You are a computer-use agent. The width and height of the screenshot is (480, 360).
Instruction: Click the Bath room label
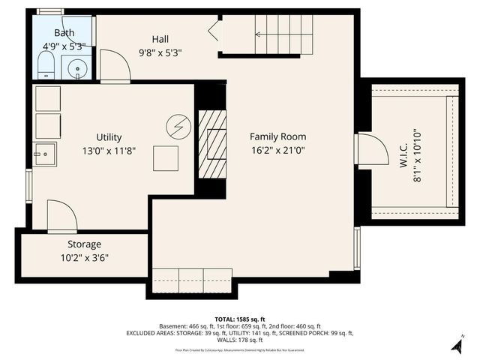(x=64, y=34)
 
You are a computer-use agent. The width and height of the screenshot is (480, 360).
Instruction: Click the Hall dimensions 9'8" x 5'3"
(x=160, y=53)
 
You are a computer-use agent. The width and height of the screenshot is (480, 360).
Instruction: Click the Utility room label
(x=109, y=137)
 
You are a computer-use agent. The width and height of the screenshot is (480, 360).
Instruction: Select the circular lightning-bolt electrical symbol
(x=178, y=124)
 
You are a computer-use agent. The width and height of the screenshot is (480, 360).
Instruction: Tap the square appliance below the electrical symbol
(x=166, y=158)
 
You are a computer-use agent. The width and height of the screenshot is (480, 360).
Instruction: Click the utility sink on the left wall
(x=44, y=154)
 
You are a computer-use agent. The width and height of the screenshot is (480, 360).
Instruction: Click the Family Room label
(x=277, y=136)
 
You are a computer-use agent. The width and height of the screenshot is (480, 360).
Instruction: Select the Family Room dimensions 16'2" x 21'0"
(x=277, y=150)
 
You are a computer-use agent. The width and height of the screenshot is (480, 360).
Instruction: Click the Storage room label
(x=84, y=244)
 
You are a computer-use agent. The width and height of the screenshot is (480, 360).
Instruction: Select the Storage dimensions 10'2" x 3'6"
(x=84, y=258)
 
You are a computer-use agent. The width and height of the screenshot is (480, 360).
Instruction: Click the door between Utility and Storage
(x=61, y=216)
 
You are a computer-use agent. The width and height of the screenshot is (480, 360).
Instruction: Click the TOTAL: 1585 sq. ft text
(x=239, y=319)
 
